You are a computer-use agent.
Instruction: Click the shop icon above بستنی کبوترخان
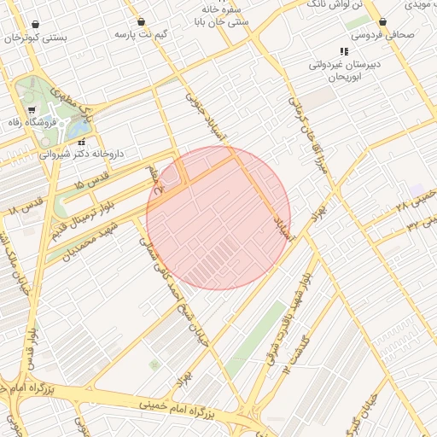[x=35, y=25]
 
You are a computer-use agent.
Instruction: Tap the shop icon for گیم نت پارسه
[x=141, y=22]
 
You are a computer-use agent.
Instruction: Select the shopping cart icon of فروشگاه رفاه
[x=32, y=110]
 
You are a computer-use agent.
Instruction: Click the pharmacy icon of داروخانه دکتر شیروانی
[x=82, y=142]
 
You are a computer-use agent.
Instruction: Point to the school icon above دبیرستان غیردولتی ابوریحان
[x=344, y=52]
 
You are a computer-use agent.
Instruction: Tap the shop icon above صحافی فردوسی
[x=383, y=21]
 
